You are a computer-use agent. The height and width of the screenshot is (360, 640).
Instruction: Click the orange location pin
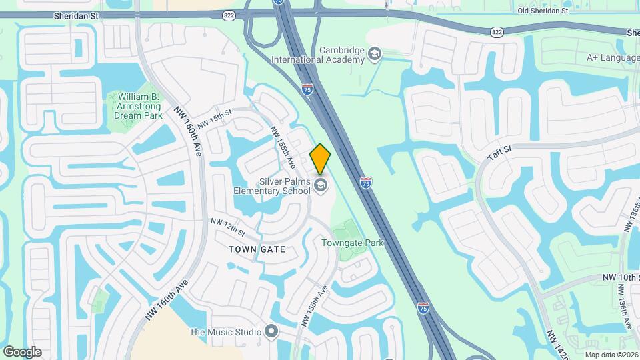pyautogui.click(x=321, y=159)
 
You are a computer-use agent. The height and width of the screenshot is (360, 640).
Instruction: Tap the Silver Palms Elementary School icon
pyautogui.click(x=321, y=185)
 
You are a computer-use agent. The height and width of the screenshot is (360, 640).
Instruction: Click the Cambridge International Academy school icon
pyautogui.click(x=375, y=54)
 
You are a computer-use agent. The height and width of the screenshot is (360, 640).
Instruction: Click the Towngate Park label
pyautogui.click(x=353, y=243)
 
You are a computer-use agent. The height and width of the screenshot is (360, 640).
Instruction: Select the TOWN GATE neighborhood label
pyautogui.click(x=257, y=249)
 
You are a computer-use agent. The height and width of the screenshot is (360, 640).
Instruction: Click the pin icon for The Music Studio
pyautogui.click(x=271, y=331)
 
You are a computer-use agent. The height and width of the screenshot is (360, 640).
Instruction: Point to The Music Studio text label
pyautogui.click(x=225, y=332)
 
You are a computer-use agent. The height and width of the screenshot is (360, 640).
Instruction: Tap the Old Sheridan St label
pyautogui.click(x=543, y=10)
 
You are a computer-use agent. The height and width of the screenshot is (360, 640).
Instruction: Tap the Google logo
pyautogui.click(x=22, y=351)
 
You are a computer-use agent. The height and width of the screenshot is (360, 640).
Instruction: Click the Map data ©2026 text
pyautogui.click(x=611, y=354)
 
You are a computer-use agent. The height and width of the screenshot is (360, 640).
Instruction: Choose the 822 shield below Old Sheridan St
pyautogui.click(x=496, y=31)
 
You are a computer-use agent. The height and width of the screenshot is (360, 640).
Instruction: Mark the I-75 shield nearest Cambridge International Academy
pyautogui.click(x=307, y=89)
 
